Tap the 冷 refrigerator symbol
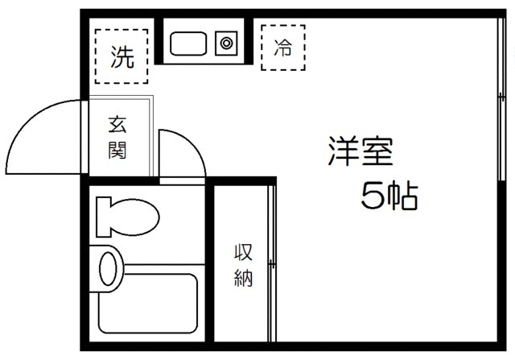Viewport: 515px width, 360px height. coord(283,47)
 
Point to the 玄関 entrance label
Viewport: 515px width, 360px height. coord(118,137)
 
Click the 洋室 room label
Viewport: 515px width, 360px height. coord(360,151)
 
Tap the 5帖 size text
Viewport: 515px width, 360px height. coord(389,196)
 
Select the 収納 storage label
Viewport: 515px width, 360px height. coord(244,265)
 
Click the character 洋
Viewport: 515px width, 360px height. coord(340,151)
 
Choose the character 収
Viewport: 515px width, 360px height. coord(244,252)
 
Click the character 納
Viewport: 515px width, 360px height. coord(244,279)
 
